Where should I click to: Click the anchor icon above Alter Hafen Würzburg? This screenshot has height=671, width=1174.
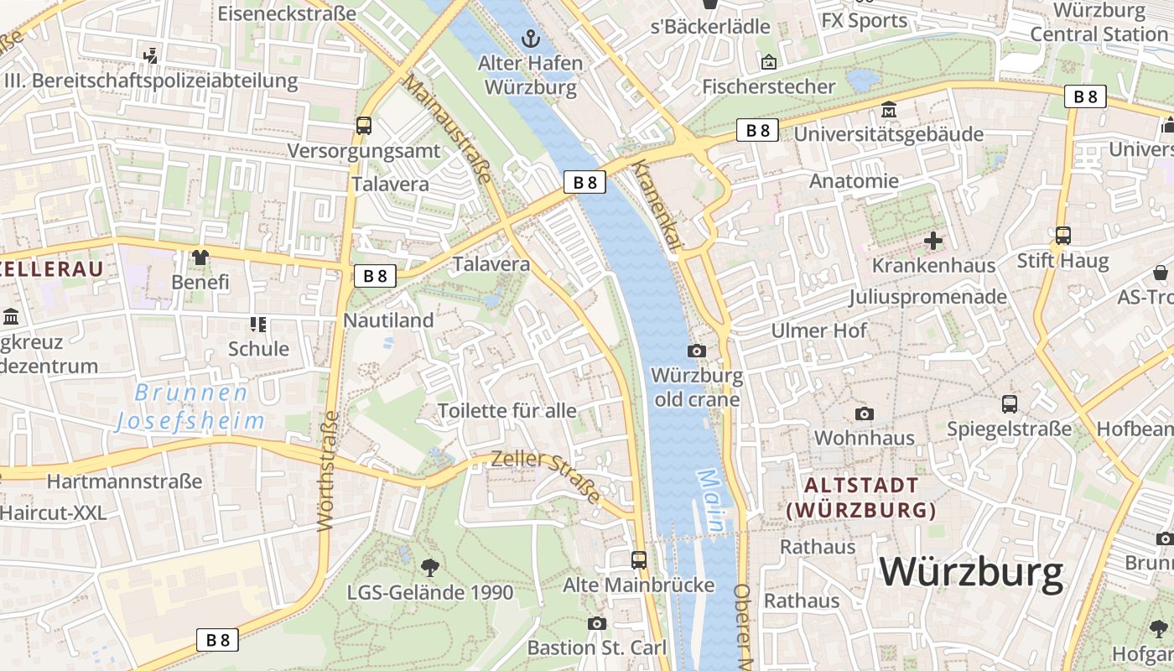pos(529,38)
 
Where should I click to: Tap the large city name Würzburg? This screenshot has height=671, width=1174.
pos(971,572)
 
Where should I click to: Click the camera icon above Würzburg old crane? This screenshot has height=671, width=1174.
pos(697,351)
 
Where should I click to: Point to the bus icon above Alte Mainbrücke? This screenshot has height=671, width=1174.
pos(639,559)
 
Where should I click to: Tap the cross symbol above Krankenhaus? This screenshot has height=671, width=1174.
pos(933,242)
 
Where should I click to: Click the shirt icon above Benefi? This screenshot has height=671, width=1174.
pos(200,257)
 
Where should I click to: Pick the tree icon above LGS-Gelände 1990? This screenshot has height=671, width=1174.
pos(429,568)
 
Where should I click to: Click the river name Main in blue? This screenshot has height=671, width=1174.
pos(711,501)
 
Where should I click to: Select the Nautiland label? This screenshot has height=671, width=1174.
pos(388,320)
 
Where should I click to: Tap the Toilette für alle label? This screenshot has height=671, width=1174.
pos(507,410)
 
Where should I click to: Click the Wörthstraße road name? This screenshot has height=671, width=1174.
pos(327,471)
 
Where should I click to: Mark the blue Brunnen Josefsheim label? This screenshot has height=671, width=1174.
pos(190,407)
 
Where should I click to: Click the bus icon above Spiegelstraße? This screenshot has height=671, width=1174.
pos(1010,404)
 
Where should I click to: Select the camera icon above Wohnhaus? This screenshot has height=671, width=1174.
pos(864,414)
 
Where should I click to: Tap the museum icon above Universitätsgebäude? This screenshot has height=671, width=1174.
pos(889,110)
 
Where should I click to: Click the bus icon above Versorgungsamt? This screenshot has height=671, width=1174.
pos(364,126)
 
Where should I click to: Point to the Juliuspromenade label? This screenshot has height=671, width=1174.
pos(927,297)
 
